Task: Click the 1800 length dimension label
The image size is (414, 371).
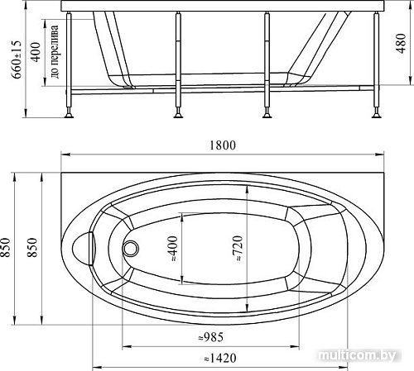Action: click(x=223, y=145)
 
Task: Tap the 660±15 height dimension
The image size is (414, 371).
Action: click(x=17, y=59)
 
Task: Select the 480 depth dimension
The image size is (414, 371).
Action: click(x=401, y=44)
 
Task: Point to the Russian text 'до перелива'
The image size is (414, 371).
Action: click(x=55, y=51)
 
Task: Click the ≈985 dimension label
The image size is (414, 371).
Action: click(x=211, y=337)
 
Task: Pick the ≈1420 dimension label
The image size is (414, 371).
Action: click(x=220, y=358)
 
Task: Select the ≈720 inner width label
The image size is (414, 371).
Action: click(x=238, y=248)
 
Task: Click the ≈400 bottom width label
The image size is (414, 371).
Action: click(x=172, y=249)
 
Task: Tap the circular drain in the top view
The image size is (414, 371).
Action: click(x=130, y=248)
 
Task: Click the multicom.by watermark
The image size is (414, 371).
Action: click(x=356, y=355)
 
